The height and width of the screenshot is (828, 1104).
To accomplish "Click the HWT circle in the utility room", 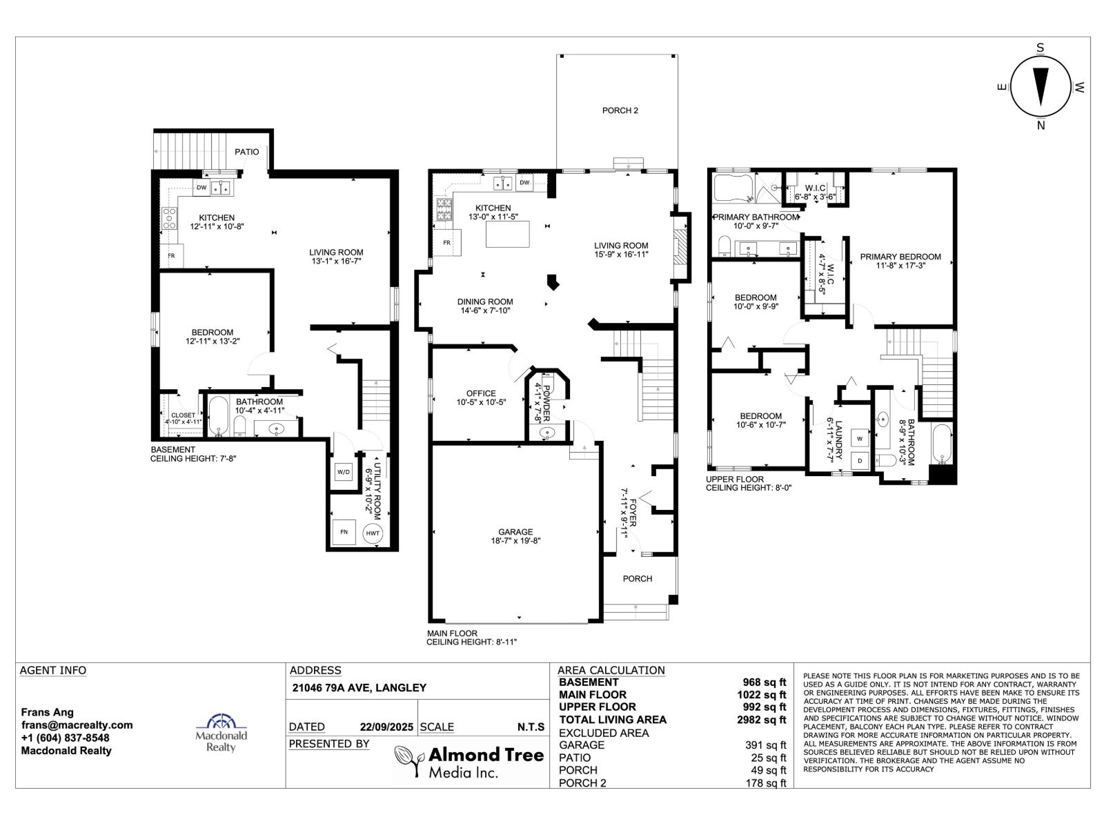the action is (372, 533).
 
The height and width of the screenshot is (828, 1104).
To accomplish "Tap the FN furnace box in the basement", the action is (344, 531).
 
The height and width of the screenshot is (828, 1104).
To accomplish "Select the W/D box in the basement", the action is (344, 471).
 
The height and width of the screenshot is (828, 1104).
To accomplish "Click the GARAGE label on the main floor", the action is (515, 531).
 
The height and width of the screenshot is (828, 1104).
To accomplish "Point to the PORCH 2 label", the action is (620, 110).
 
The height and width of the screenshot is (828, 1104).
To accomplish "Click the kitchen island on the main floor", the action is (507, 235).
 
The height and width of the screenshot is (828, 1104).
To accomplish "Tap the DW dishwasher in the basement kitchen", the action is (201, 188).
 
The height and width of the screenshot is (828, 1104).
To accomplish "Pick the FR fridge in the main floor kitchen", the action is (446, 243).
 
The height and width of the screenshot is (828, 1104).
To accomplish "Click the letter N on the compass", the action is (1041, 126).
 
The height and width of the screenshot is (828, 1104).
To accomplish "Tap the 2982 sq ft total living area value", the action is (761, 720).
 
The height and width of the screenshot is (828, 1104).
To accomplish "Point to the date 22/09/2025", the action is (386, 727).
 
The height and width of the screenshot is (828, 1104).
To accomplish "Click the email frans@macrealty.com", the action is (77, 725).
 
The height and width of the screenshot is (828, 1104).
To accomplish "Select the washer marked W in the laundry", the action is (860, 438).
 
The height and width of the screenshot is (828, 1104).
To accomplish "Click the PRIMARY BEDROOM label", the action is (900, 257).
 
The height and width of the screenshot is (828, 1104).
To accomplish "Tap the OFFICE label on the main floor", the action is (481, 393).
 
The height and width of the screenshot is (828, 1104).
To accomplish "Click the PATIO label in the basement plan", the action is (247, 152).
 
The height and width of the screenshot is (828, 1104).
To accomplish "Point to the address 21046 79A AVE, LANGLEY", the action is (359, 688).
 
